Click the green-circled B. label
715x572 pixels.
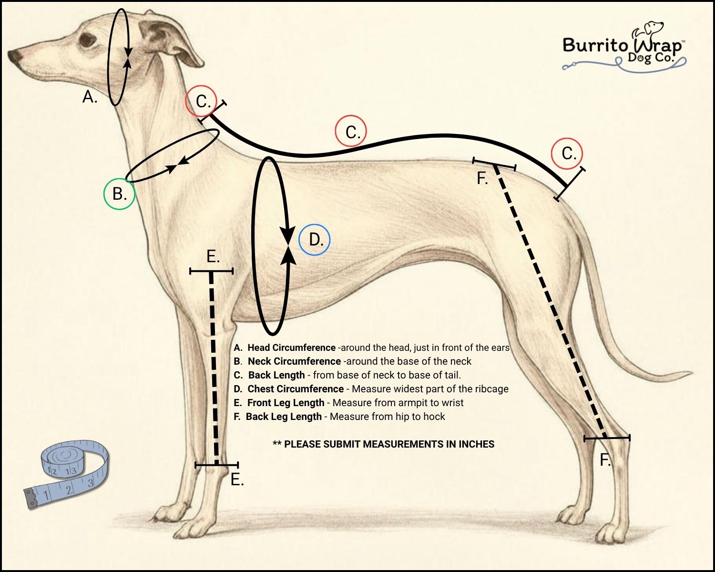(x=119, y=194)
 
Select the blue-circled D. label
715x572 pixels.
(x=315, y=240)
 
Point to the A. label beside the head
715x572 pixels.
(x=90, y=97)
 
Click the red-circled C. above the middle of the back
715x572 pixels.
(x=352, y=132)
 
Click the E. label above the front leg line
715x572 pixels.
(x=213, y=257)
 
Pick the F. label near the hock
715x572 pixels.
(x=605, y=460)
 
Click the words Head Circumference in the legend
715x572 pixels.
(x=291, y=348)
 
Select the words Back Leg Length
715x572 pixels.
(x=284, y=417)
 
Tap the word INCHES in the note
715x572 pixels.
(x=476, y=444)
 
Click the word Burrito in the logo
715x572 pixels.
(x=596, y=45)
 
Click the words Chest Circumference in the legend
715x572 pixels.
(x=296, y=389)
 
